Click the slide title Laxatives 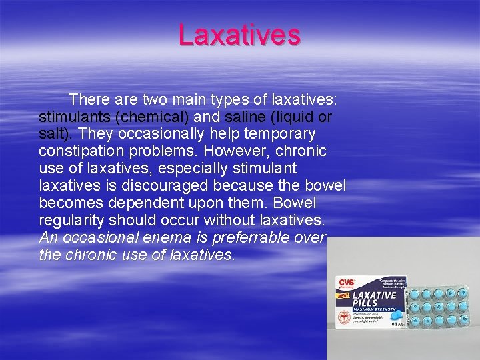click(239, 35)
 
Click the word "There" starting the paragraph click(90, 100)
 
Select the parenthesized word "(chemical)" click(152, 117)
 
